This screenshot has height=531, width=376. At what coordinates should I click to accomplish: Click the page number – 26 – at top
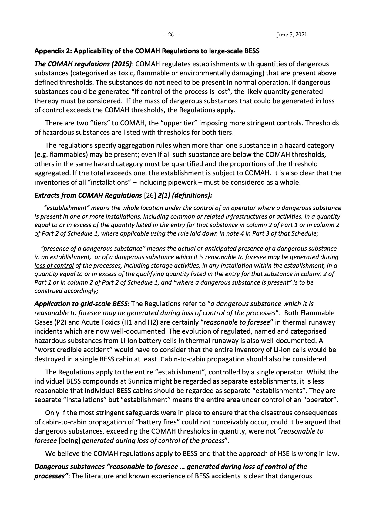point(171,35)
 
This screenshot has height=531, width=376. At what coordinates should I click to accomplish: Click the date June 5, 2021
point(292,35)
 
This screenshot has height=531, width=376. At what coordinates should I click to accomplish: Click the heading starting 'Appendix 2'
point(147,51)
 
